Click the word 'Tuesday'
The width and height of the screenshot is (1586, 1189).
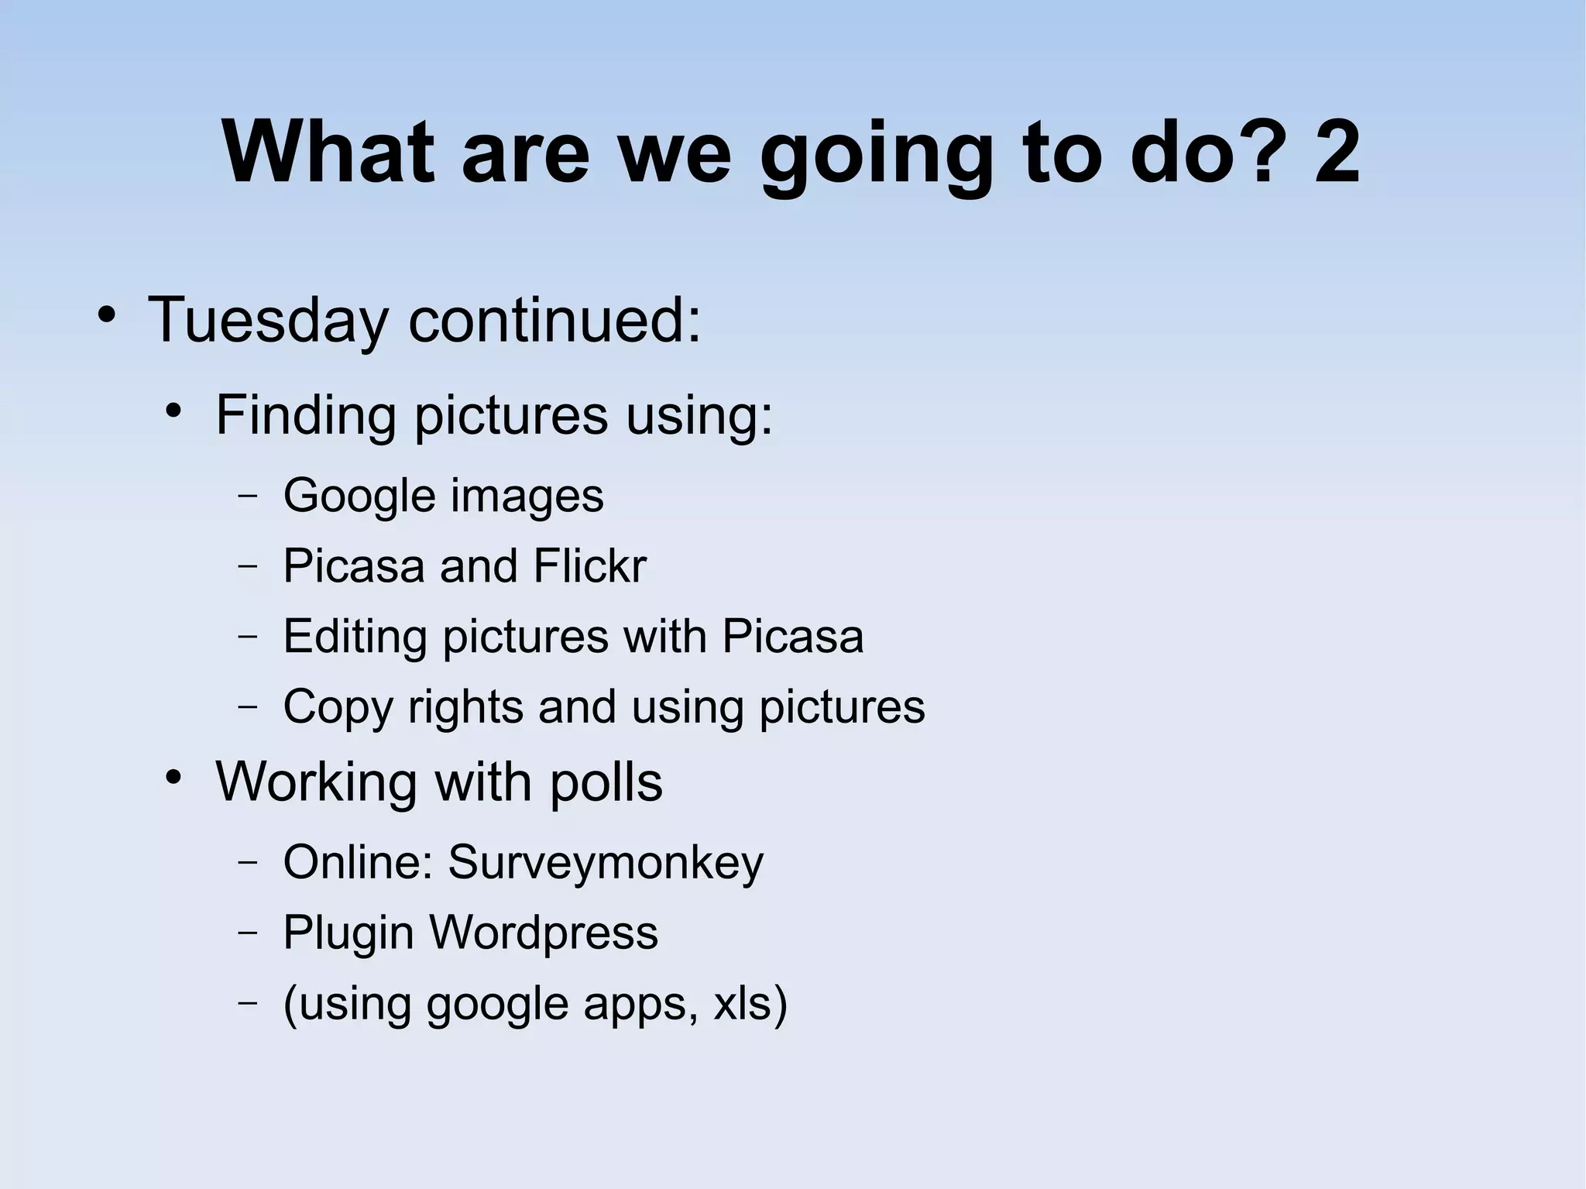(268, 320)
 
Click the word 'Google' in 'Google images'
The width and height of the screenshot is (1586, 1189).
(359, 497)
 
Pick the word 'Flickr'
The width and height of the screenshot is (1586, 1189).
(589, 565)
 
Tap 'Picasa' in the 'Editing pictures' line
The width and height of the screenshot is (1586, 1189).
(792, 637)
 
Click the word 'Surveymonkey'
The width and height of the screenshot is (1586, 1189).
(606, 863)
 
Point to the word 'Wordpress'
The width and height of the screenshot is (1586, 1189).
(544, 932)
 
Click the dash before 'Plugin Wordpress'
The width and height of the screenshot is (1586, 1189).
(248, 932)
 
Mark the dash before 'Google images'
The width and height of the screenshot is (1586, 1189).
(248, 496)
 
